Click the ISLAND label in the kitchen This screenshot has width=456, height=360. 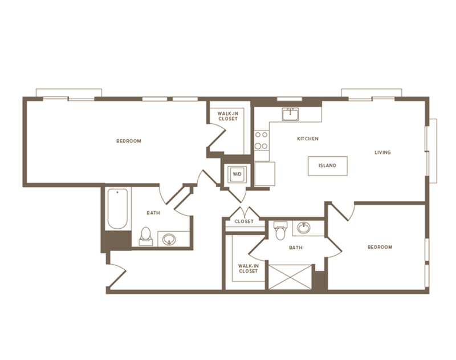(x=328, y=166)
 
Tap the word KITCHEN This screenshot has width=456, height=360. (x=307, y=139)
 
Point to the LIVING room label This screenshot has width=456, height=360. (x=382, y=152)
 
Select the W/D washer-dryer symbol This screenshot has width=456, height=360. (x=236, y=174)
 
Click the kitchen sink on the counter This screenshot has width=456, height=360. (x=291, y=114)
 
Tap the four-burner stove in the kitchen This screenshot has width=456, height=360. (x=262, y=140)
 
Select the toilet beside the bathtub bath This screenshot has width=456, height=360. (x=145, y=236)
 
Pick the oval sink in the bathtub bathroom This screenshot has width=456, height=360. (x=169, y=239)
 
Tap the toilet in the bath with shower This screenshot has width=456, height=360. (x=279, y=231)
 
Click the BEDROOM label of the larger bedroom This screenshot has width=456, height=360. (x=129, y=141)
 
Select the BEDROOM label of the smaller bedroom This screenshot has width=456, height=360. (x=380, y=247)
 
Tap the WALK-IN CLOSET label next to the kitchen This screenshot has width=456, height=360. (x=228, y=116)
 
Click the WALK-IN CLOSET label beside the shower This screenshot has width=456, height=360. (x=248, y=268)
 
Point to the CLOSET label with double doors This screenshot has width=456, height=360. (x=244, y=221)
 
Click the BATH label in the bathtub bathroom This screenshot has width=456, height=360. (x=153, y=213)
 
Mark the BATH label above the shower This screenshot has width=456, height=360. (x=295, y=248)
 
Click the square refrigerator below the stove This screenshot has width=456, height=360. (x=264, y=173)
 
